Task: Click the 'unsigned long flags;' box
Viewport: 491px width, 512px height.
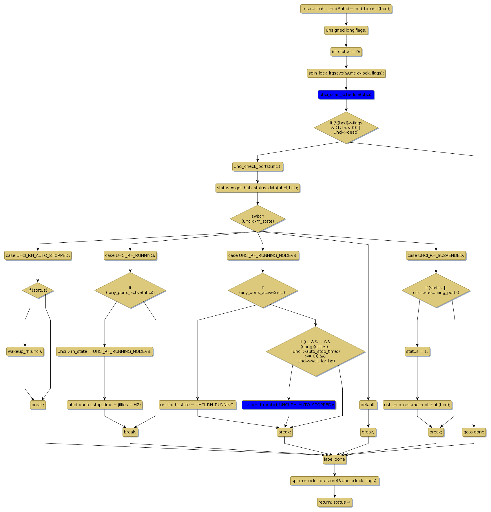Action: [346, 30]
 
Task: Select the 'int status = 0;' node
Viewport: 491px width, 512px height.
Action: [346, 52]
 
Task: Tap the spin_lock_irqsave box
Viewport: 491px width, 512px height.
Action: [346, 73]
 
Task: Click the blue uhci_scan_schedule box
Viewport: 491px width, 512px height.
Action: [346, 95]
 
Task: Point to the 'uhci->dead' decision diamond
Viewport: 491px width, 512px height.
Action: [346, 128]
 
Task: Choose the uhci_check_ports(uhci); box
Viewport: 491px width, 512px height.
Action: [257, 166]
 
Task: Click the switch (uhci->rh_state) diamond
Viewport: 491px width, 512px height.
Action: [258, 219]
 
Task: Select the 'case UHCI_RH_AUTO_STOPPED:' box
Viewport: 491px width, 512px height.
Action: [38, 255]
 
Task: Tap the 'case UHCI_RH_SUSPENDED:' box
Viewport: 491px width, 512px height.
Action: [436, 255]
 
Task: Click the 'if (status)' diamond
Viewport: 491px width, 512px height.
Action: [38, 290]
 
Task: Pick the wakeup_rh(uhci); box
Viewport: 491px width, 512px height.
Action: [25, 351]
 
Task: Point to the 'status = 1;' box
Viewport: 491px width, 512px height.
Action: [417, 351]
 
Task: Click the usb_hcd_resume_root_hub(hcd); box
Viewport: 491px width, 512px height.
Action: [417, 405]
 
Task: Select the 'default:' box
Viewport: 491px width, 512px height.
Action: [368, 405]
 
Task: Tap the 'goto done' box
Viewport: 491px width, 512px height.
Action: [474, 432]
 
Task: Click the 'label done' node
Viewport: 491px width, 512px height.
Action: [334, 459]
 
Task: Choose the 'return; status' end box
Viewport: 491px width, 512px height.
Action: [334, 502]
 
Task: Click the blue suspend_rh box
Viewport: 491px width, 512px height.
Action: [289, 405]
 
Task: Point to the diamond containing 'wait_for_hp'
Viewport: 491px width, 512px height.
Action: [315, 351]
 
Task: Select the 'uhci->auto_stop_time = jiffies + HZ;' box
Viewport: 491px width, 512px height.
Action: [105, 405]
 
